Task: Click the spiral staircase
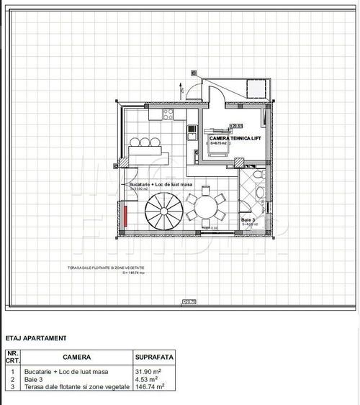pos(164,214)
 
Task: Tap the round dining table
pos(205,209)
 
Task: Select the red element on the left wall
pos(124,216)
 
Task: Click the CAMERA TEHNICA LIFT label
pos(230,138)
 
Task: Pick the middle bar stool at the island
pos(145,140)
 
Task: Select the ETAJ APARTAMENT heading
pos(36,337)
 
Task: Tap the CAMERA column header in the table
pos(76,357)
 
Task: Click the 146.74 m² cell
pos(151,386)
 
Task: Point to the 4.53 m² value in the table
pos(148,378)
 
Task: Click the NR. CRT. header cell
pos(12,357)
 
